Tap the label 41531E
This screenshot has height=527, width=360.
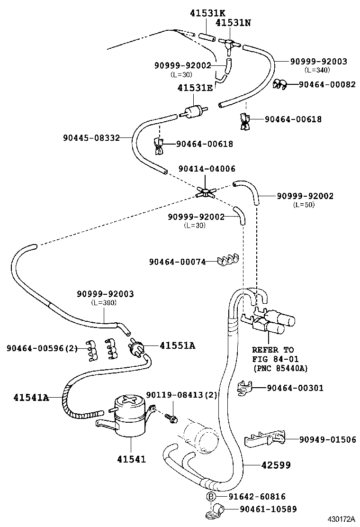pos(195,88)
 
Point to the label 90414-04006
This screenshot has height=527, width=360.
pos(207,169)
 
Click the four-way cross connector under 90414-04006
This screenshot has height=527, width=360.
pos(206,191)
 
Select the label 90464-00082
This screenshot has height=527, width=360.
pos(327,84)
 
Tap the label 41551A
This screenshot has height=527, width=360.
pos(177,345)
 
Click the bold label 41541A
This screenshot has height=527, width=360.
pos(30,397)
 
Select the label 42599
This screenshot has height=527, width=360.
pos(276,465)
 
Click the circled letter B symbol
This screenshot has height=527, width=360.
pos(211,496)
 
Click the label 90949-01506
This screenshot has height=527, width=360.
pos(327,439)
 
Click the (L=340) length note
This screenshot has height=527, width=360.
pos(317,70)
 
